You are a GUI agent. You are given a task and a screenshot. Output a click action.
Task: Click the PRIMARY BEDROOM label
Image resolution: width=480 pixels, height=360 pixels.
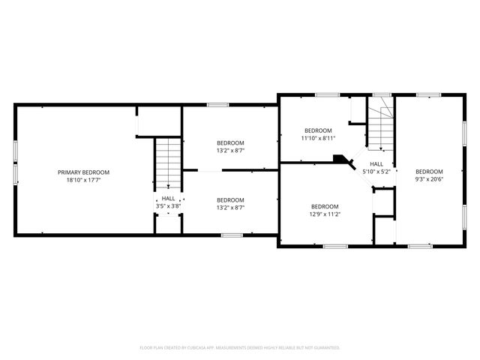pos(84,172)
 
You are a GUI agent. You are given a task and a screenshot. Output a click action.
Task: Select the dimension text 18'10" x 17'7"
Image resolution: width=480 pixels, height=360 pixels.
pos(84,180)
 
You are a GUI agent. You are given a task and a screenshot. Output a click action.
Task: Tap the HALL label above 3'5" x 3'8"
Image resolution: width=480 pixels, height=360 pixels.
pos(169,198)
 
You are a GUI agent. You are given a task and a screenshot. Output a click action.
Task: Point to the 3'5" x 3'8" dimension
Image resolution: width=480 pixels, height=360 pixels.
pos(169,205)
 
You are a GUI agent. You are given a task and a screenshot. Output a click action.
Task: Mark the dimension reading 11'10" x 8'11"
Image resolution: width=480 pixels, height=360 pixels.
pos(318,138)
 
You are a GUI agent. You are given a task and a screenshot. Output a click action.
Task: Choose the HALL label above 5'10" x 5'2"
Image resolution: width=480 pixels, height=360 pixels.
pos(376,163)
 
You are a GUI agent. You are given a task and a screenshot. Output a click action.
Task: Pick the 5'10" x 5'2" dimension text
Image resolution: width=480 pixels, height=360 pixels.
pos(376,171)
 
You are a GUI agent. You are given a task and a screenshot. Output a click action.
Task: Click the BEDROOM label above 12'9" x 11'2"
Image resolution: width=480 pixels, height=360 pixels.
pos(325,206)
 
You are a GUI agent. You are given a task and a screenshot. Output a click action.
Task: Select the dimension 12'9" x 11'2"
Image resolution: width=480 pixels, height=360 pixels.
pos(325,214)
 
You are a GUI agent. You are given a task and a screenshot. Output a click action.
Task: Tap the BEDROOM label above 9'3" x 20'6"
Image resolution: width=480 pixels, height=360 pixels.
pos(430,170)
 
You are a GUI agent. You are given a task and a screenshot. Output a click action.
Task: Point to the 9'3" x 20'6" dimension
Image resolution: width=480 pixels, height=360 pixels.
pos(430,178)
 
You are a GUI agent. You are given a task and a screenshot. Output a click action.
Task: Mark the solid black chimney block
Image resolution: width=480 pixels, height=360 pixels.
pos(342,160)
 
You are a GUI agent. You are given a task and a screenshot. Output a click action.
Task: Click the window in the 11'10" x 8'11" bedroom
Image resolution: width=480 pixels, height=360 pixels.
pos(326,94)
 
